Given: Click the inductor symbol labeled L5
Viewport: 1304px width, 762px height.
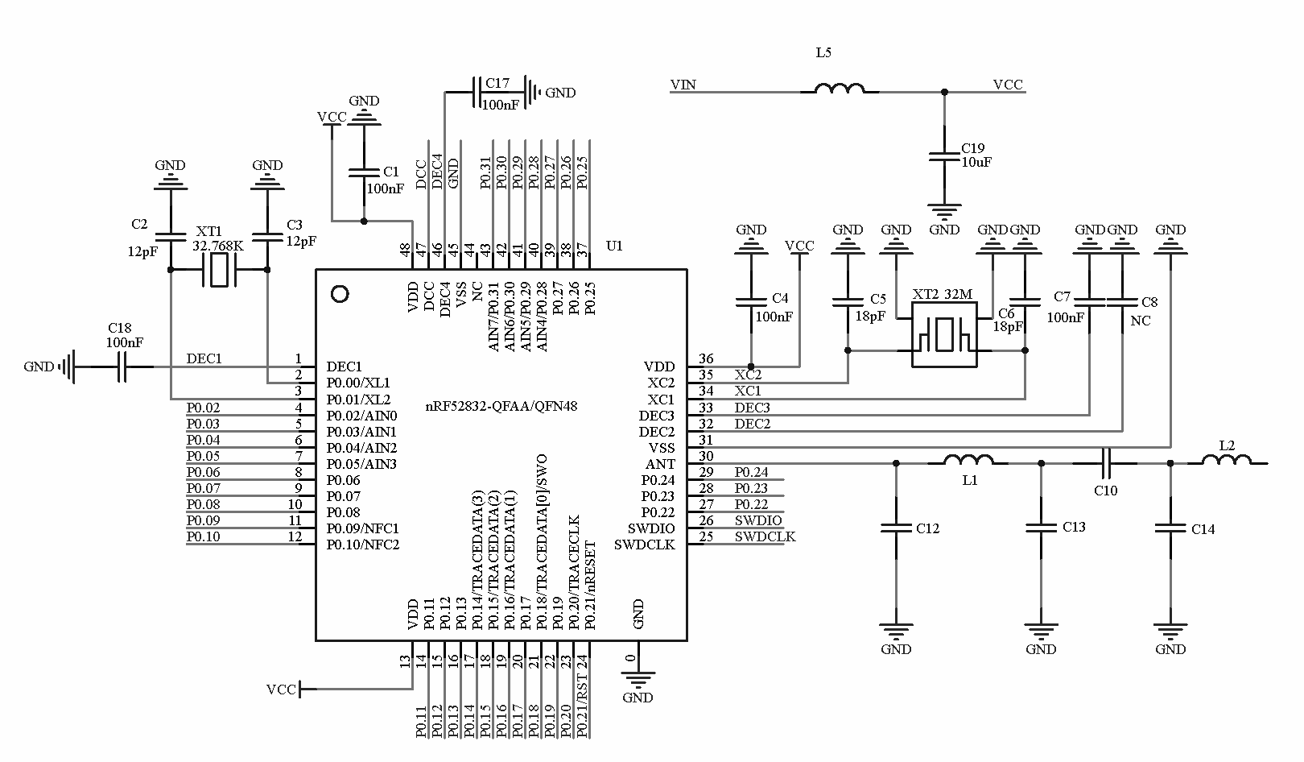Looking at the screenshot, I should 840,89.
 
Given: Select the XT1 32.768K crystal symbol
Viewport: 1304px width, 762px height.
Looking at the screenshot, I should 218,270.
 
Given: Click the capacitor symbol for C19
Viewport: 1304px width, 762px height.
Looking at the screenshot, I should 944,155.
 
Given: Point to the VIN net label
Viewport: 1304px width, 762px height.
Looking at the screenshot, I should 683,85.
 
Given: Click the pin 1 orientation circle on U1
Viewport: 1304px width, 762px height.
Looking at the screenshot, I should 340,294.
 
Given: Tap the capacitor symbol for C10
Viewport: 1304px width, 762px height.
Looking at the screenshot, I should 1106,463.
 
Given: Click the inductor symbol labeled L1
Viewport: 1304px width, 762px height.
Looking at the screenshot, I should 968,461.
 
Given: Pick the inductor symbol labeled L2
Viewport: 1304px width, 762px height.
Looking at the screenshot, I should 1227,461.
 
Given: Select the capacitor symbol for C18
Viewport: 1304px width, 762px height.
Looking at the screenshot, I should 122,367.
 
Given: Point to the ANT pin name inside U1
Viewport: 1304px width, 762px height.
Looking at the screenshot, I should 660,464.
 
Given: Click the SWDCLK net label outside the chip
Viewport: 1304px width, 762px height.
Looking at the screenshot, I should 765,536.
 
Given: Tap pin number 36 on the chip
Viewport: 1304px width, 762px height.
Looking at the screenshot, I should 706,359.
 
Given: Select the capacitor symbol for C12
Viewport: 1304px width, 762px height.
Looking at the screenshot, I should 896,528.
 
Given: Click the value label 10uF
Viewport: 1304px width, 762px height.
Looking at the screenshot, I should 976,162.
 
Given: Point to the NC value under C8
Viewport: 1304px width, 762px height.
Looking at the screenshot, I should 1141,321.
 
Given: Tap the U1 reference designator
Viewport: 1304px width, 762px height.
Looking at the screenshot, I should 614,246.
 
